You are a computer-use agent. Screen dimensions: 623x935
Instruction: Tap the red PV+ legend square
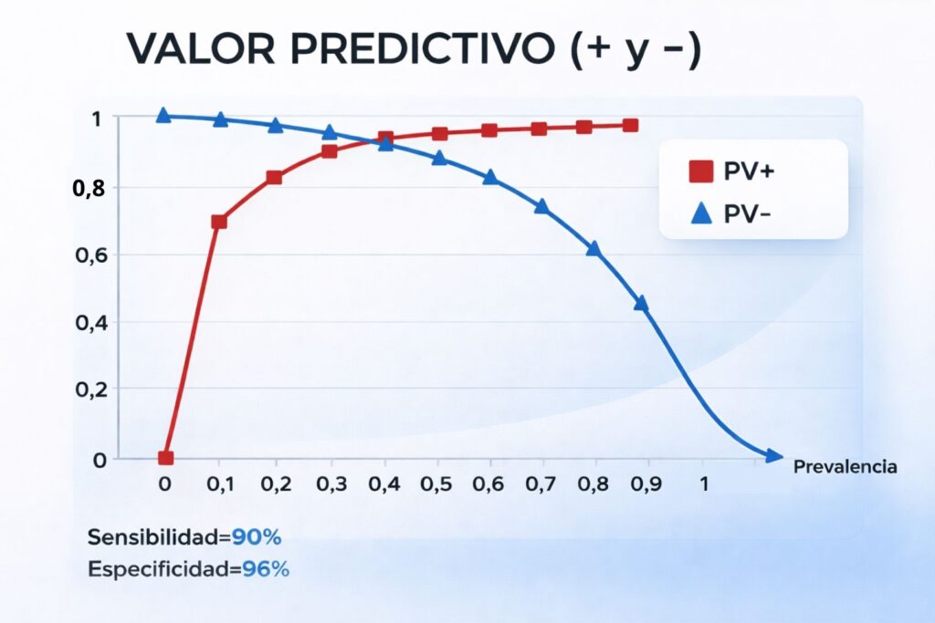700,171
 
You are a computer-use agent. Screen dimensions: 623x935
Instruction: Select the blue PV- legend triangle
700,213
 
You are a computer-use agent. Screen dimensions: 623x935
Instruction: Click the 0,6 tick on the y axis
94,255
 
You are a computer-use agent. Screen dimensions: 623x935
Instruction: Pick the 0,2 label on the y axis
94,390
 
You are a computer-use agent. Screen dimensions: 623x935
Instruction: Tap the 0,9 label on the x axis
649,484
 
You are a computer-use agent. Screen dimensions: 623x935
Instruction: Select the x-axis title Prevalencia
845,467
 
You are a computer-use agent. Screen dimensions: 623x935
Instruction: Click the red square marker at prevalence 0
165,458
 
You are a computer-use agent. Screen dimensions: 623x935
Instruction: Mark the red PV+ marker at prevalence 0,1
219,222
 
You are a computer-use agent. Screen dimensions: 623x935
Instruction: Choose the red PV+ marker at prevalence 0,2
274,177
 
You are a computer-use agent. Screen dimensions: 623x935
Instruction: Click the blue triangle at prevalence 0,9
641,303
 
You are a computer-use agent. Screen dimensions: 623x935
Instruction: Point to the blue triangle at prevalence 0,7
541,206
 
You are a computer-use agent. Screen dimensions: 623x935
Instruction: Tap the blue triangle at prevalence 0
163,115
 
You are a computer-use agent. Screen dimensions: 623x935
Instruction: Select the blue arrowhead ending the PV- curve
773,455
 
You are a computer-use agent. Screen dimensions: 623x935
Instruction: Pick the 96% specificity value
266,570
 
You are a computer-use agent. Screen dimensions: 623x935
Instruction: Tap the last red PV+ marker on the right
630,125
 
